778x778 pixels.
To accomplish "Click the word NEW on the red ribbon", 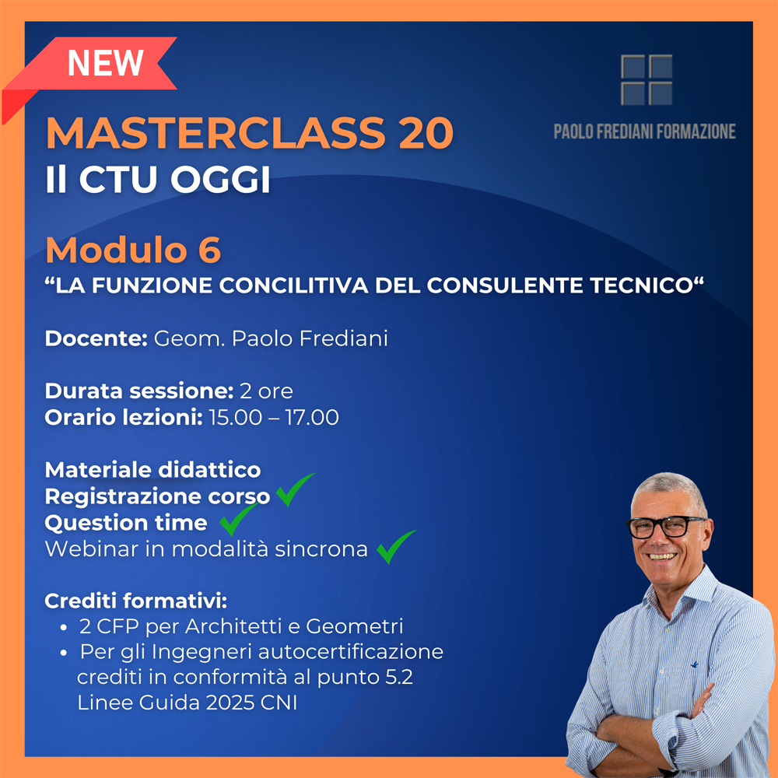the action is (x=105, y=63).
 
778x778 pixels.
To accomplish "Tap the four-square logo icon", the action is (x=647, y=80).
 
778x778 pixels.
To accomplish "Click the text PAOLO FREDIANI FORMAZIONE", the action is (x=644, y=131).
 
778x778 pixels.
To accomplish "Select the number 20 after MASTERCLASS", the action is (x=425, y=132).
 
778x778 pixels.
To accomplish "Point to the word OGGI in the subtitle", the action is (x=220, y=179).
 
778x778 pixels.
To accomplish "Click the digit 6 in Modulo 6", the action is (x=209, y=250).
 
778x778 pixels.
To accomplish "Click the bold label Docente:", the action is (x=96, y=338).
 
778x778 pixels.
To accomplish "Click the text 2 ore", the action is (x=266, y=391).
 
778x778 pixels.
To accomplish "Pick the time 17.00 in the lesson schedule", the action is (x=312, y=417).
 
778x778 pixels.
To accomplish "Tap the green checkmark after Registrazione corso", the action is (x=295, y=489).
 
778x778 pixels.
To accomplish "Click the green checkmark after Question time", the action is (x=238, y=518).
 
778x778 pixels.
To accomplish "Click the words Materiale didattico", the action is (x=152, y=470).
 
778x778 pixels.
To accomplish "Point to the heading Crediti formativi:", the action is (x=136, y=601).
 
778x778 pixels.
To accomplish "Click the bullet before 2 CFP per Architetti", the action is (x=64, y=628).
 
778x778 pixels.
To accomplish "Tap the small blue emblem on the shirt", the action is (x=694, y=664).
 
